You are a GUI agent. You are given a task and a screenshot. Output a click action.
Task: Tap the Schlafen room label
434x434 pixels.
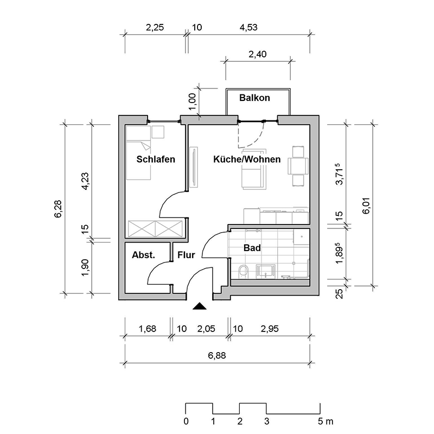pos(156,159)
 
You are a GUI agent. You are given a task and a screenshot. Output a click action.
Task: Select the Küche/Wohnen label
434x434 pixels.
pos(247,159)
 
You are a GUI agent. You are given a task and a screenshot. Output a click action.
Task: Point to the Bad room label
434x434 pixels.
pos(252,248)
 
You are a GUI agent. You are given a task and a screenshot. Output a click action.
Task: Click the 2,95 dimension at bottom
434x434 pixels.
pos(270,328)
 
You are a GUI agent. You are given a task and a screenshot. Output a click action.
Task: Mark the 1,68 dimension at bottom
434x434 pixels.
pos(147,328)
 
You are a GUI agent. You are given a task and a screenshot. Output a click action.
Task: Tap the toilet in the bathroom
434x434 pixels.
pos(244,271)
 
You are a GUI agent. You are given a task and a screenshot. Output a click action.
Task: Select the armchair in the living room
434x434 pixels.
pos(253,176)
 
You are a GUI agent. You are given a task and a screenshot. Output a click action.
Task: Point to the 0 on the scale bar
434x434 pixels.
pos(186,422)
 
